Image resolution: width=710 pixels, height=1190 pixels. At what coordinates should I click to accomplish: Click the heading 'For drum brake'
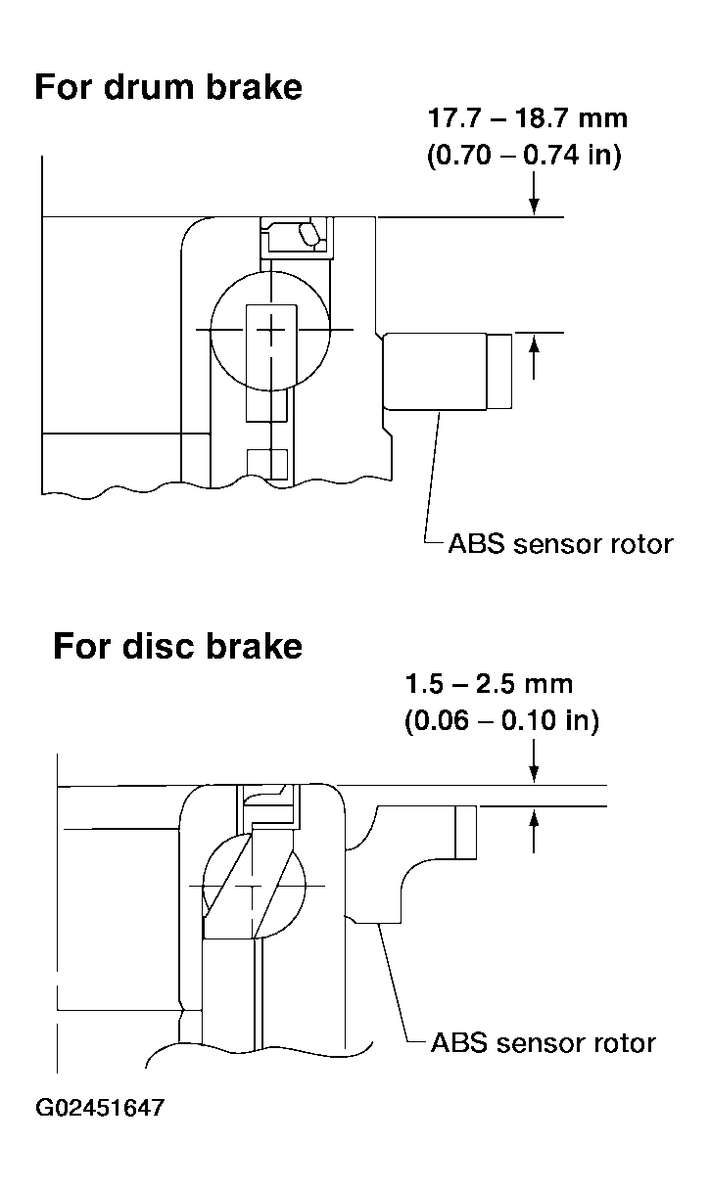tap(168, 87)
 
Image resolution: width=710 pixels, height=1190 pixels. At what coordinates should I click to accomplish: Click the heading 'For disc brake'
tap(177, 646)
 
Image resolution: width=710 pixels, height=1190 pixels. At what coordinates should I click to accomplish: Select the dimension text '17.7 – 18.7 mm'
tap(527, 118)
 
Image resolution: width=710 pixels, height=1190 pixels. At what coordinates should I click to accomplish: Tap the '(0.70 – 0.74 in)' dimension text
tap(524, 156)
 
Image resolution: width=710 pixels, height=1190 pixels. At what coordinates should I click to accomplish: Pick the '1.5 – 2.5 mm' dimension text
tap(489, 684)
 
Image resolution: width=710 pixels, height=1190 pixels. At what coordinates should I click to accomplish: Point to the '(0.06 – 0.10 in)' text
tap(501, 721)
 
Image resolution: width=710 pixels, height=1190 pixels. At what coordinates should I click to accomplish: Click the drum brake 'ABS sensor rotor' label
tap(561, 544)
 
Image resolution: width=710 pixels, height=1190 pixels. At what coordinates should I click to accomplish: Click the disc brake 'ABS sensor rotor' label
tap(544, 1043)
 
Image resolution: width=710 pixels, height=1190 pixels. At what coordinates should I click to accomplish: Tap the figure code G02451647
tap(100, 1108)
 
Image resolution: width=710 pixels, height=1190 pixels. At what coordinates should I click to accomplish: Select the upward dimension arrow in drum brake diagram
tap(534, 357)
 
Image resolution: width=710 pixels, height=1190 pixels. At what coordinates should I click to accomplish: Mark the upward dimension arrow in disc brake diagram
tap(534, 830)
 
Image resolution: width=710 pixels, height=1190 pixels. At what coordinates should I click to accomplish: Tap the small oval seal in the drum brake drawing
tap(309, 234)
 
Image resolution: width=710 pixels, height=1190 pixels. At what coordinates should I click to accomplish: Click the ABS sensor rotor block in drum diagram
tap(435, 371)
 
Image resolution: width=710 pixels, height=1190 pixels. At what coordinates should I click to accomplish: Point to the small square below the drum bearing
tap(267, 464)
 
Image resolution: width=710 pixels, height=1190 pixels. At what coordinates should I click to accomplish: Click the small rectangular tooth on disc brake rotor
tap(465, 833)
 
